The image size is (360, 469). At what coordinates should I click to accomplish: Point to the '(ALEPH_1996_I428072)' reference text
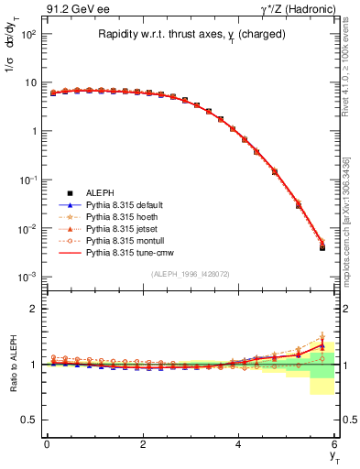click(x=191, y=274)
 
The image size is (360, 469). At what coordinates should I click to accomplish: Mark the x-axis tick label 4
click(x=239, y=443)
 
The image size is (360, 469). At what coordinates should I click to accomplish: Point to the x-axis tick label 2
click(x=143, y=443)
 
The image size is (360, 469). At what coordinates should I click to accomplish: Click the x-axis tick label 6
click(x=335, y=443)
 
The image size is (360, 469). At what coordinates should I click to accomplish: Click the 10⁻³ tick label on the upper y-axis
click(x=28, y=277)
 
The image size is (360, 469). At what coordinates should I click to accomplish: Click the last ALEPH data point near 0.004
click(x=322, y=247)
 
